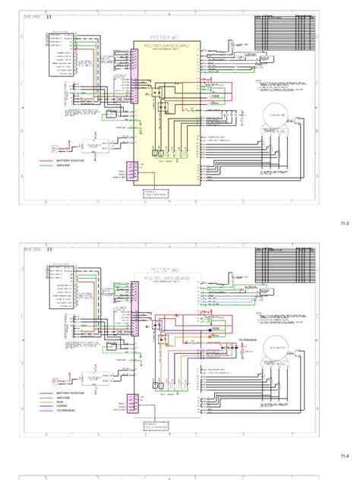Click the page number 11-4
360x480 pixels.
[344, 456]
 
